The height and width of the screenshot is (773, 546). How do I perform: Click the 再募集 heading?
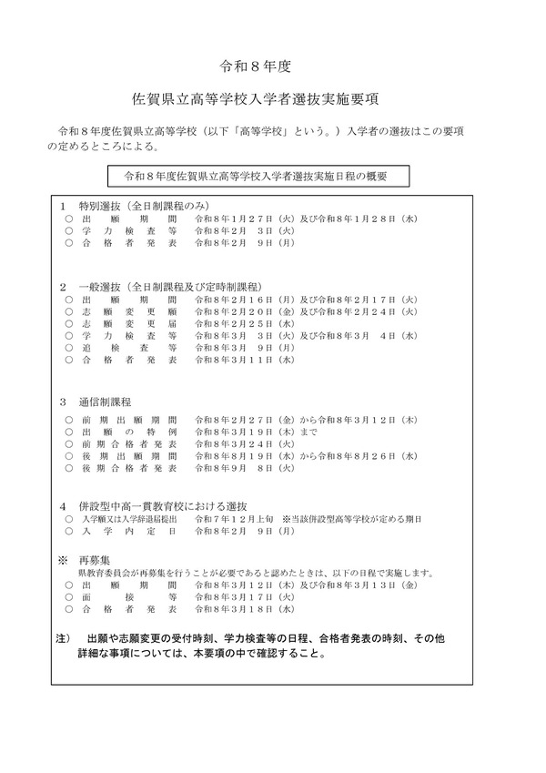98,562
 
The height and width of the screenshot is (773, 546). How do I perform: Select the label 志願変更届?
128,323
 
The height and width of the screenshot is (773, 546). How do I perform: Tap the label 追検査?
128,348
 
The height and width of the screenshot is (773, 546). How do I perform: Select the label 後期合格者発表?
128,468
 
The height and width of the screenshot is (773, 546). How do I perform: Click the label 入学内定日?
128,530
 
